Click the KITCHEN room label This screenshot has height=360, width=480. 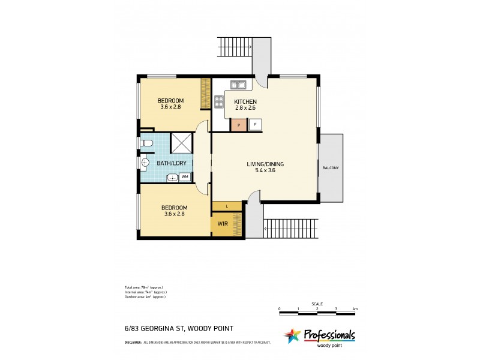(x=245, y=101)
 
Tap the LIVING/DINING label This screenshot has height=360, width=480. (x=265, y=163)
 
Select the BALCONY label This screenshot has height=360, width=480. (x=330, y=168)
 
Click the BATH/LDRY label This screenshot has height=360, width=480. (x=170, y=163)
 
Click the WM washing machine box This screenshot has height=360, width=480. (x=185, y=176)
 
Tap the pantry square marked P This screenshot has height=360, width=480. (x=239, y=125)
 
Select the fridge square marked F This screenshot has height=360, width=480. (x=255, y=125)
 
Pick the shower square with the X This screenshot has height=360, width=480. (x=181, y=143)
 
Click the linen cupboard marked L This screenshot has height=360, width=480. (x=227, y=206)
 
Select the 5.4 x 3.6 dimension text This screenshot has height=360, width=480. (x=265, y=170)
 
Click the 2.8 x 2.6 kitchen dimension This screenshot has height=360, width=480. (x=245, y=109)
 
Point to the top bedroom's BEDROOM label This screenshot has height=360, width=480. (x=170, y=100)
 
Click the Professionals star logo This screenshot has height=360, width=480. (x=292, y=335)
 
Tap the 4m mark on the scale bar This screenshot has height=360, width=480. (x=355, y=309)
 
